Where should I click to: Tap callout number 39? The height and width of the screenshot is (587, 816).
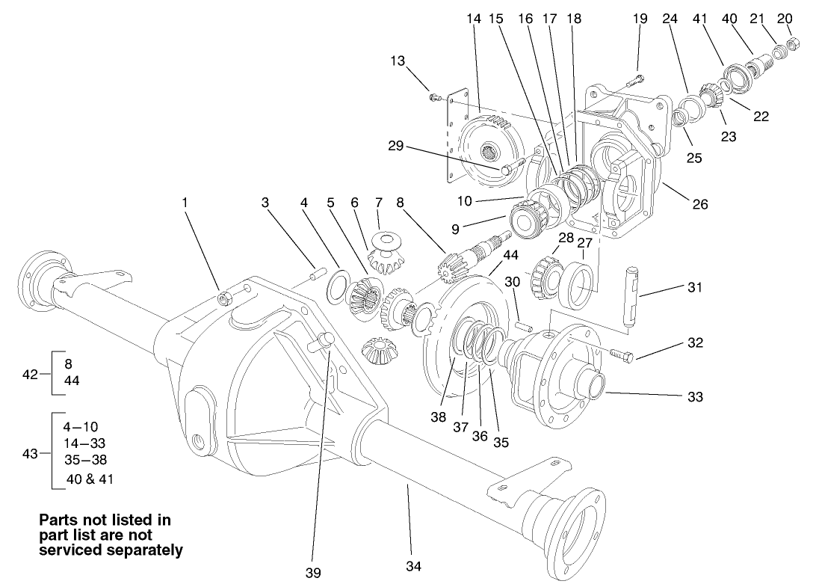tap(313, 573)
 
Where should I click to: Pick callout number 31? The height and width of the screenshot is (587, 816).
tap(695, 287)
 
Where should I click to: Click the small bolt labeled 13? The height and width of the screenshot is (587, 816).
tap(433, 96)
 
